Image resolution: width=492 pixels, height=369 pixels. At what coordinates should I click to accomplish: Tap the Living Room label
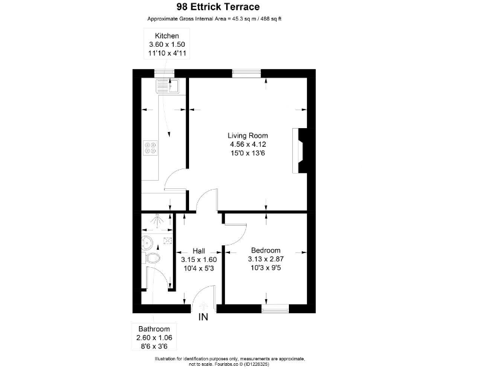[248, 136]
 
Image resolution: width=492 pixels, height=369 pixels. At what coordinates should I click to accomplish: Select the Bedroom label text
[265, 250]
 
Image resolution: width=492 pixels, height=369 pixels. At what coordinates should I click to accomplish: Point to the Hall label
[199, 250]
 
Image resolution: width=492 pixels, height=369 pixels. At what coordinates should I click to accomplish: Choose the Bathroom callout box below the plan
[153, 338]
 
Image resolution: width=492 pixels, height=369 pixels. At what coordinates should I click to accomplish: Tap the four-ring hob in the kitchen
[151, 149]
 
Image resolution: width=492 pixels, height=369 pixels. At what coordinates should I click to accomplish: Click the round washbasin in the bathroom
[147, 242]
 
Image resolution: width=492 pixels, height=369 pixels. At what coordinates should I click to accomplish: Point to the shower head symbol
[156, 222]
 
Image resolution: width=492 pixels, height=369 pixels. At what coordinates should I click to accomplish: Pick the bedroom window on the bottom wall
[275, 309]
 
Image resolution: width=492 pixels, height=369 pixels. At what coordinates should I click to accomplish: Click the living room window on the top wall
[245, 73]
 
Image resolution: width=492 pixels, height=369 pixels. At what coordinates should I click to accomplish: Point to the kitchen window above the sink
[165, 73]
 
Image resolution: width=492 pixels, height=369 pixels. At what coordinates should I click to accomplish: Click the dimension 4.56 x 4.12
[248, 145]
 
